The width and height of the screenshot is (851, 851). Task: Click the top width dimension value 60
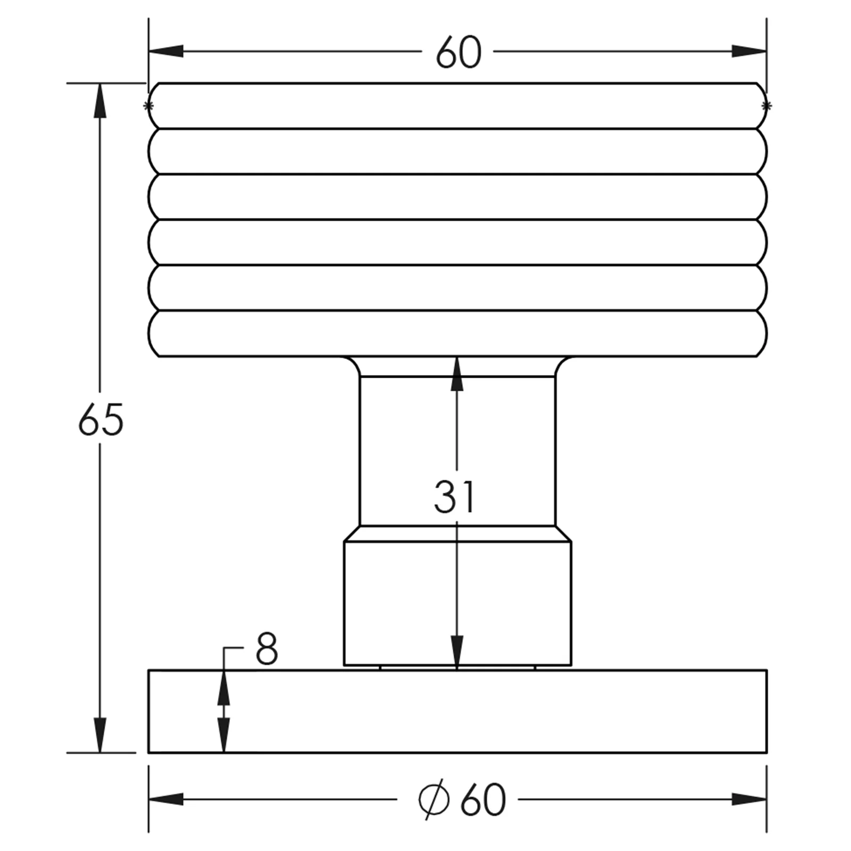point(458,53)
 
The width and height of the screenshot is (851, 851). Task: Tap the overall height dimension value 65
point(101,420)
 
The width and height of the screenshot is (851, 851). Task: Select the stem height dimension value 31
point(454,497)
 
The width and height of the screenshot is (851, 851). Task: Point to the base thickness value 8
point(266,649)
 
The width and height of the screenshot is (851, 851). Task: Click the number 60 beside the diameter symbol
point(483,800)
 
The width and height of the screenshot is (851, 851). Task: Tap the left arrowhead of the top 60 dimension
point(166,52)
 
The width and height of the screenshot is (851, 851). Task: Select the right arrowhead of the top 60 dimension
point(749,52)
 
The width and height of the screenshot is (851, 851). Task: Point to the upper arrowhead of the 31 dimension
point(457,374)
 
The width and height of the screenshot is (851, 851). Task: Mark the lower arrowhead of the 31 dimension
point(457,652)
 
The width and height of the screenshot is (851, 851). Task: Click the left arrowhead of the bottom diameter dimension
point(166,799)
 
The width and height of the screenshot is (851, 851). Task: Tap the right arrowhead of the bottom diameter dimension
point(749,799)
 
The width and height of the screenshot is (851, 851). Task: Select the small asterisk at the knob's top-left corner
point(148,106)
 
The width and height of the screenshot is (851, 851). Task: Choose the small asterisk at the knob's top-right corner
point(766,106)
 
